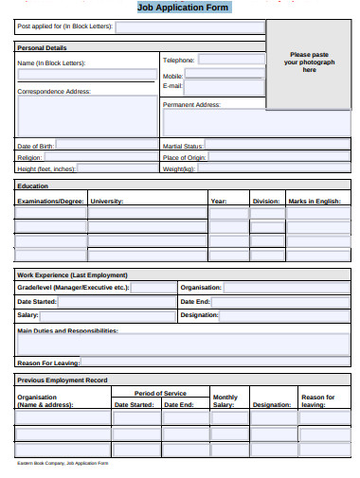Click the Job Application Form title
(x=183, y=7)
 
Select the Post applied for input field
(x=189, y=27)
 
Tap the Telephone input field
(x=231, y=59)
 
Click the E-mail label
(x=172, y=86)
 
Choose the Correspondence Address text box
(x=87, y=115)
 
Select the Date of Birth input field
(x=106, y=146)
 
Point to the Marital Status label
(x=183, y=147)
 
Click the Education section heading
(x=33, y=186)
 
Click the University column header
(x=107, y=202)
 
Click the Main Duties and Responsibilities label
(x=67, y=331)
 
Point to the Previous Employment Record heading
(x=63, y=381)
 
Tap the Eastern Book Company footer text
(x=63, y=463)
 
